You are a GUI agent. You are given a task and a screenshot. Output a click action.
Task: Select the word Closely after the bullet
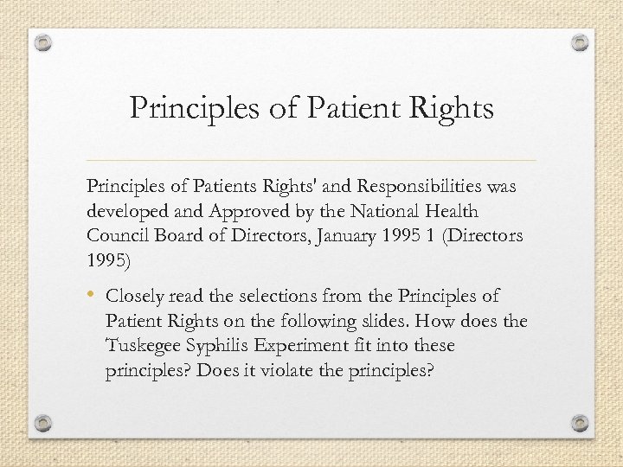point(137,297)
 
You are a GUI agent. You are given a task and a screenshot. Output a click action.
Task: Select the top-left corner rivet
point(44,42)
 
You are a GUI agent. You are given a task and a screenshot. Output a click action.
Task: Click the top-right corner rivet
point(579,42)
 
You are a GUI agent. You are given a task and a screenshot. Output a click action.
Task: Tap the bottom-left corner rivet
point(44,423)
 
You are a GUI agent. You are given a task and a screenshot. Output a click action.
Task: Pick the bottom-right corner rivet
point(579,423)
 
